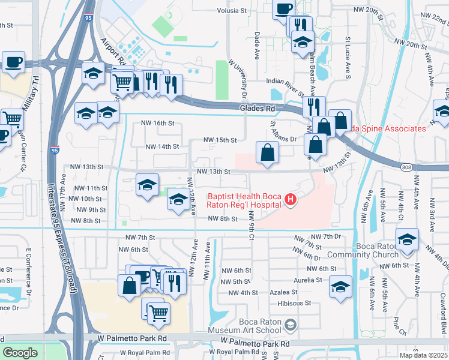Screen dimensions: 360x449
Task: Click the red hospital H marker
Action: [291, 200]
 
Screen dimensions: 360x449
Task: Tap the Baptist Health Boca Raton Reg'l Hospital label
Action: [244, 200]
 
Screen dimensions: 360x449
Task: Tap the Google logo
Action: [20, 353]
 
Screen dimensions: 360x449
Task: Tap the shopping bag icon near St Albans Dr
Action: [267, 152]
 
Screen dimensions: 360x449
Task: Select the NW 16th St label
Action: [157, 123]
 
